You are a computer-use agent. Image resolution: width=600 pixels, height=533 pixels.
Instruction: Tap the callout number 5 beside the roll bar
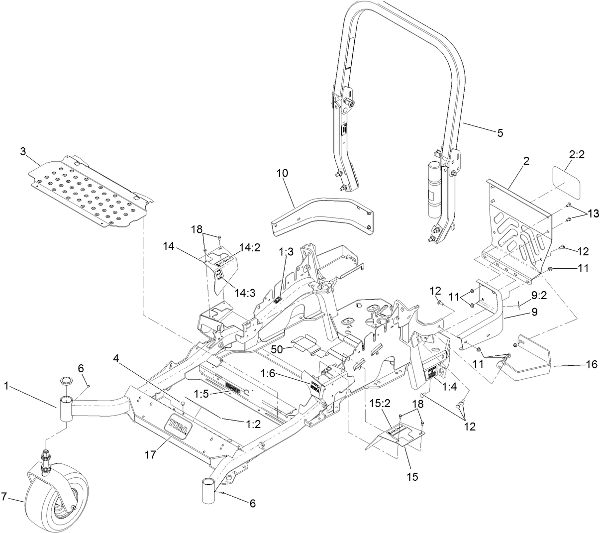500,133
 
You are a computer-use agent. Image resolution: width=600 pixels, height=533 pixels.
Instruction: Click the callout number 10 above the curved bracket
282,173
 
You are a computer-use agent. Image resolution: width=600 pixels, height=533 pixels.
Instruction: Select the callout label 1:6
269,373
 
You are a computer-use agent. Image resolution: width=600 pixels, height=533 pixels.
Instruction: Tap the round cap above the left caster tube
65,381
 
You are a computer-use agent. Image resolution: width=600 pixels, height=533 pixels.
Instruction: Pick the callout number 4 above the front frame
115,358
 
